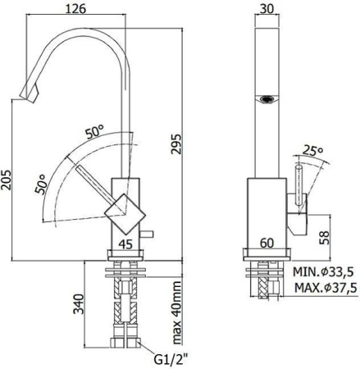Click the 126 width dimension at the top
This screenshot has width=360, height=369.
[x=80, y=10]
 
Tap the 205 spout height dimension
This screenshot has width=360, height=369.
[x=7, y=182]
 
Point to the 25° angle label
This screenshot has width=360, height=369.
[x=312, y=151]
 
